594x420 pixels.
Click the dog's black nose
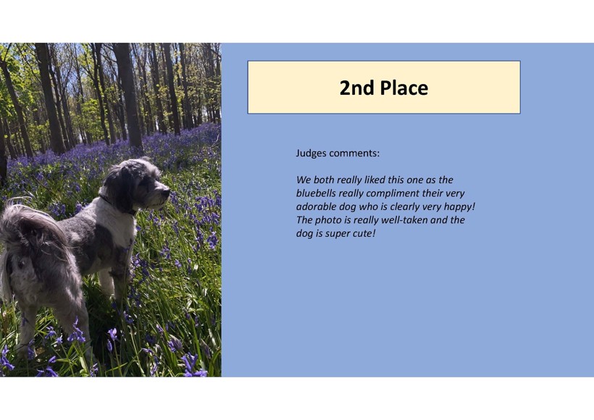coord(166,193)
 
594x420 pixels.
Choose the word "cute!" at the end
coord(364,233)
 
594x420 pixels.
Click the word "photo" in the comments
coord(328,220)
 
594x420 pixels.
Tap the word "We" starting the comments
coord(302,180)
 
